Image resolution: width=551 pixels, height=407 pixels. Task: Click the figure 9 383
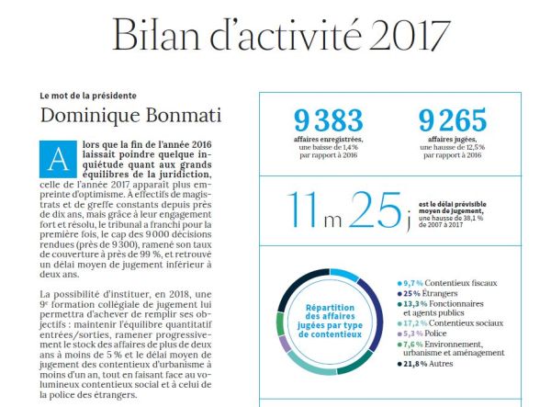[x=326, y=120]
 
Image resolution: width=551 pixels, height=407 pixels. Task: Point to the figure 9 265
[x=452, y=120]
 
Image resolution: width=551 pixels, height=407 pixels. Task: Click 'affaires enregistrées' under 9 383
[x=325, y=138]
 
